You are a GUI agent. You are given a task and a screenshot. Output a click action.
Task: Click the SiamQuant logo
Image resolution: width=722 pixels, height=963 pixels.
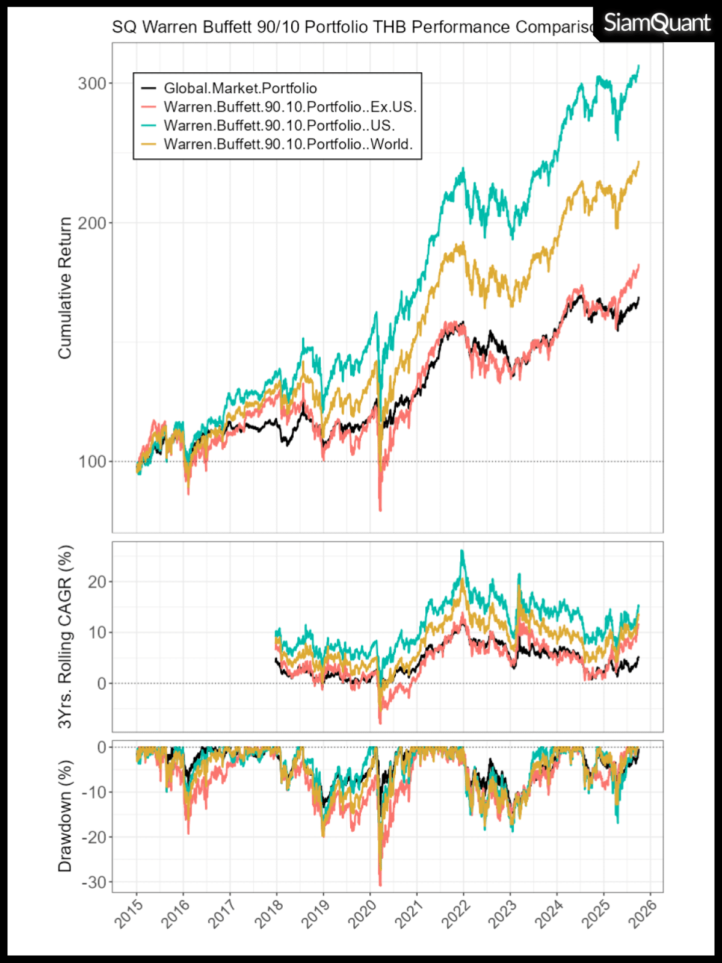click(x=656, y=23)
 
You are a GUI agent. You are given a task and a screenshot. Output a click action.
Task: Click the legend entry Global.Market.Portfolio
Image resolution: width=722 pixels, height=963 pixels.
click(x=240, y=88)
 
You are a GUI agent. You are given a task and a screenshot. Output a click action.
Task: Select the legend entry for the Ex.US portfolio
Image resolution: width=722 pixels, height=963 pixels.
click(x=290, y=107)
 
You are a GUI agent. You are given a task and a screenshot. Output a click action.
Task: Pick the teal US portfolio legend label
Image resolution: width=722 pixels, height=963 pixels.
click(x=279, y=126)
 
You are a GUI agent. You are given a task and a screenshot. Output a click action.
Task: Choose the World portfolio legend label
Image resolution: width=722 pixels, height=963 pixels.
click(x=288, y=144)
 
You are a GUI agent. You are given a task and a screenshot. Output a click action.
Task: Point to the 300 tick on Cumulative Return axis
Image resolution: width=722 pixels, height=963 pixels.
click(x=92, y=84)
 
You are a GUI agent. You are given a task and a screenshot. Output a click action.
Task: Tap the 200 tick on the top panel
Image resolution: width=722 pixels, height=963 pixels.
click(x=92, y=223)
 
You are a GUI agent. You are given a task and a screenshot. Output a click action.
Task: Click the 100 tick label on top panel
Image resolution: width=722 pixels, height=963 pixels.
click(x=92, y=462)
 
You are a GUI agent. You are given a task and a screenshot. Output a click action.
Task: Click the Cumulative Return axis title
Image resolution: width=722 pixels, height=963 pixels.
click(x=65, y=288)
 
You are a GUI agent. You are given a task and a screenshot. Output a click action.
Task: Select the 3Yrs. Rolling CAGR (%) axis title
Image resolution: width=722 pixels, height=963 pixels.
click(x=65, y=636)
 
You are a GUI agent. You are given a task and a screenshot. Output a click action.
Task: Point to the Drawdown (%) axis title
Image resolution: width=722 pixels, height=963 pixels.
click(x=65, y=816)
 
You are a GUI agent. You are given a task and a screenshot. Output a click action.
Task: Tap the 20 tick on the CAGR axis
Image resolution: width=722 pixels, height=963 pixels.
click(x=97, y=582)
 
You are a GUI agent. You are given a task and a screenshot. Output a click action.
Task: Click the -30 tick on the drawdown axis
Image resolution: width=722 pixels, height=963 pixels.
click(x=94, y=882)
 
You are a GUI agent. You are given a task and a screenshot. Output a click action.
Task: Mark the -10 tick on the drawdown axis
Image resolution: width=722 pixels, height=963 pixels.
click(x=94, y=792)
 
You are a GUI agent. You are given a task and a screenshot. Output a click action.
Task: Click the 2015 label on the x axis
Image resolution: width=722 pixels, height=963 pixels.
click(x=129, y=914)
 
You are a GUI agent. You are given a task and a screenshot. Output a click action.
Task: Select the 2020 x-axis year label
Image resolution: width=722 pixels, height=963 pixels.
click(x=363, y=914)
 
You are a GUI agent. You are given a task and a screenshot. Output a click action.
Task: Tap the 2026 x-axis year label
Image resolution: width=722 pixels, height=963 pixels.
click(x=643, y=914)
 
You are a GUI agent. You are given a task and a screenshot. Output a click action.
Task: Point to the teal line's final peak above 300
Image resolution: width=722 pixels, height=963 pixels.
click(x=638, y=66)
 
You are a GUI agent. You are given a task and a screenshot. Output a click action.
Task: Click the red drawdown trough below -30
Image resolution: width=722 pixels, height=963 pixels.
click(x=380, y=885)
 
